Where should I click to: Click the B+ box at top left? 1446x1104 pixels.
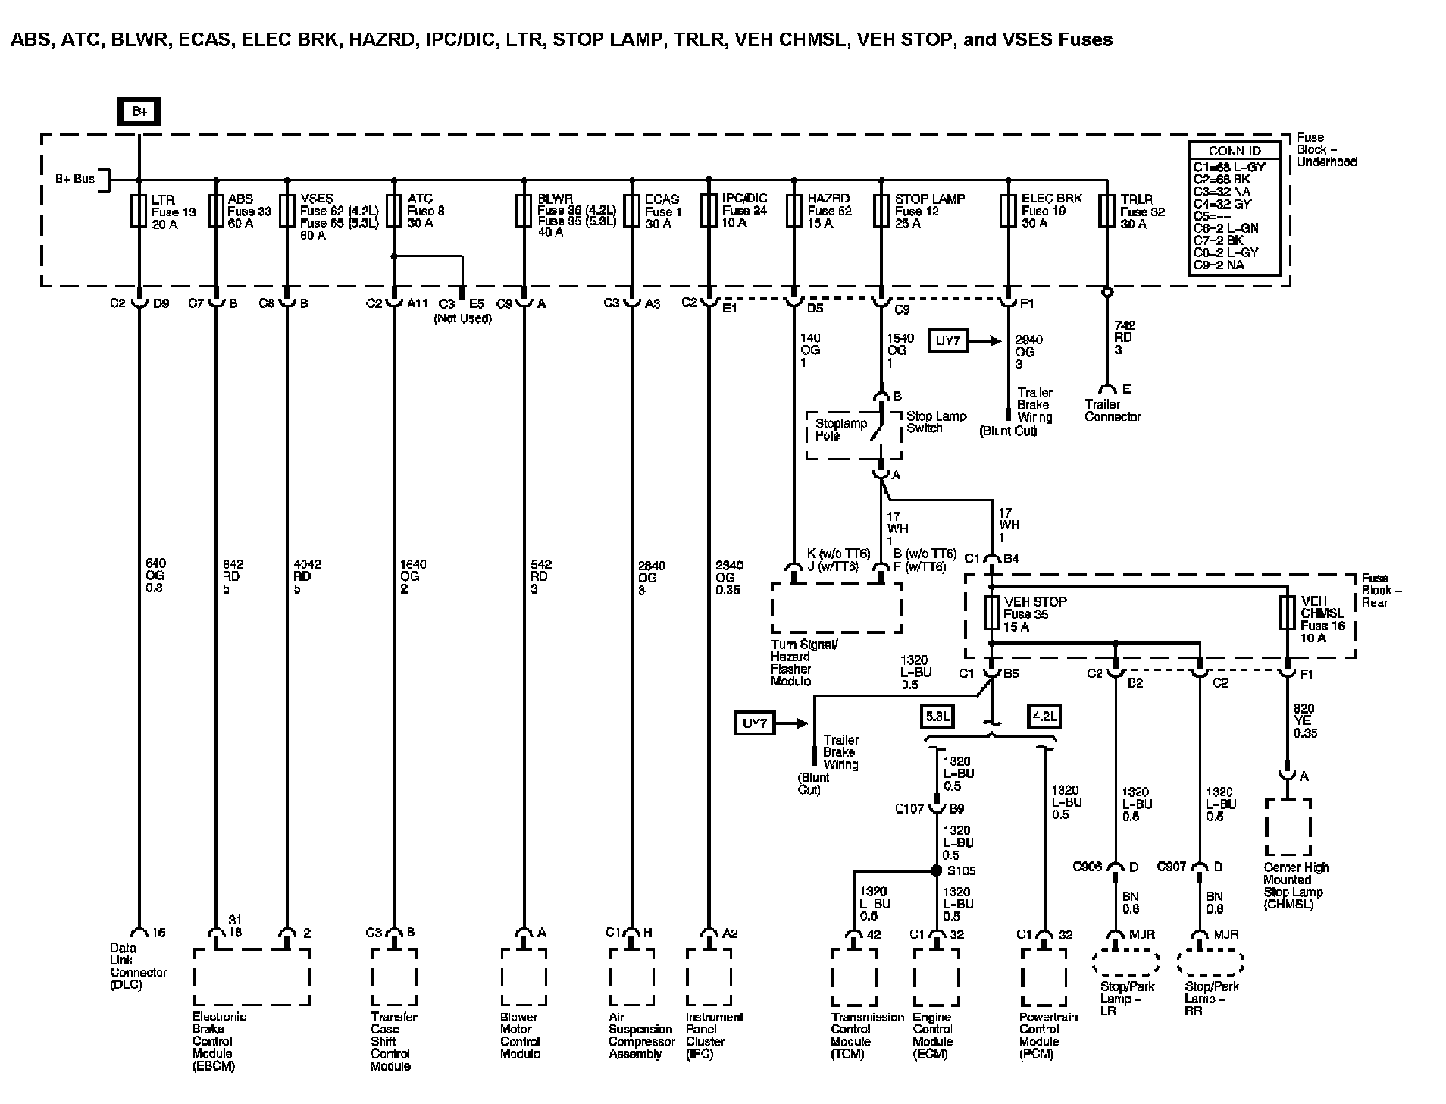139,112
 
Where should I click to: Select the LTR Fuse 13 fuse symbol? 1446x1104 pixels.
139,211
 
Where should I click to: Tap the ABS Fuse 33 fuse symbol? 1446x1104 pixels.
216,211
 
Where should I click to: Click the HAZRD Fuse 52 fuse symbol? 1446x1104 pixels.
793,211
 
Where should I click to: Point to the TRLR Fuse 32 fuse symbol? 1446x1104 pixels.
1107,211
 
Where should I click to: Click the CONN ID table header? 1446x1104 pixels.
1234,151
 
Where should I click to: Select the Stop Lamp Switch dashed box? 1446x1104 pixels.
853,435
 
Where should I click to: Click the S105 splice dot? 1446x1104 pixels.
937,871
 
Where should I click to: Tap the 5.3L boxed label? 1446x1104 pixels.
937,716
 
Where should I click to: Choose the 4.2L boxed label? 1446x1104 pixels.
1044,716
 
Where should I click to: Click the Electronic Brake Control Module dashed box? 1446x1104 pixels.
252,977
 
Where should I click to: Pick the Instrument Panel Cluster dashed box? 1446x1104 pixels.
709,977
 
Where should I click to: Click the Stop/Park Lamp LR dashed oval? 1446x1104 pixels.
1125,963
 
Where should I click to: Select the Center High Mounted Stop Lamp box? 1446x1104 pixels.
1288,827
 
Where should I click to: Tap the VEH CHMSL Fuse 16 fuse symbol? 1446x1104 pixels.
1287,613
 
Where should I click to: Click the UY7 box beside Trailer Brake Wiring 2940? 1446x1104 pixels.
948,341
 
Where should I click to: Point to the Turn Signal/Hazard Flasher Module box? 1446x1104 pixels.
837,607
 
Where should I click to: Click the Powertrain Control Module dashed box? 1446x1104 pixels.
1044,977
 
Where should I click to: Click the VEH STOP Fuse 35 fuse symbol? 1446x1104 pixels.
991,613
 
